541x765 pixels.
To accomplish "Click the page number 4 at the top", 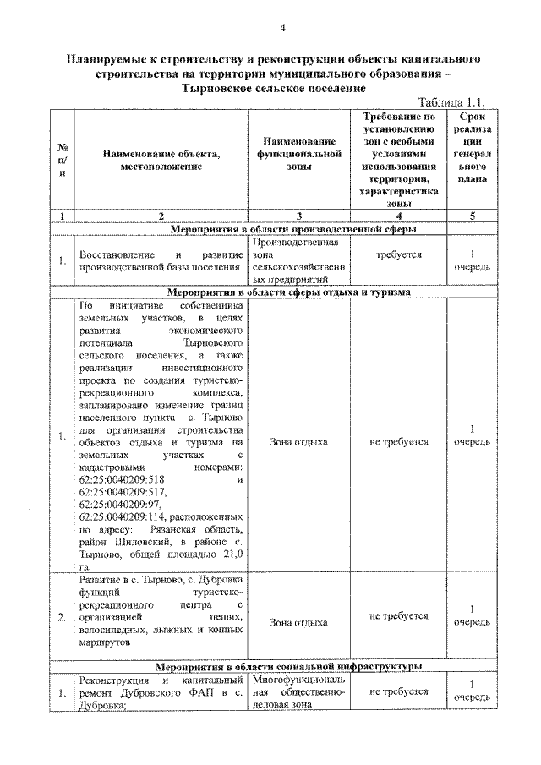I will pos(284,30).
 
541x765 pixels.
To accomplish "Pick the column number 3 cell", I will pos(300,216).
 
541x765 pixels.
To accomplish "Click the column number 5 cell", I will pos(472,216).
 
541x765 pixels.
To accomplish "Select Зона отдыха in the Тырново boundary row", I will pos(299,442).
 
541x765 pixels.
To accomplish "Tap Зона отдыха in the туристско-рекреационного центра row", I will pos(299,622).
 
